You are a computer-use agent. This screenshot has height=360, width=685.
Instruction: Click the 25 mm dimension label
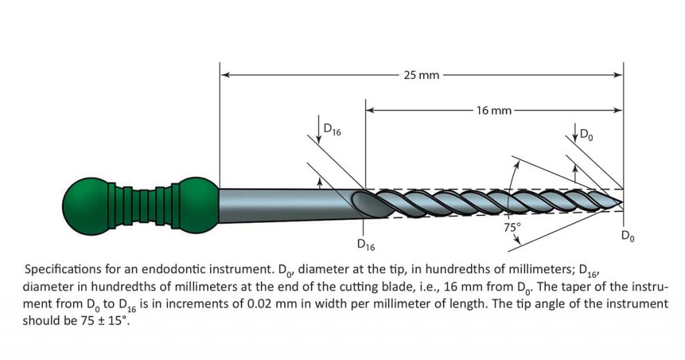[x=421, y=75]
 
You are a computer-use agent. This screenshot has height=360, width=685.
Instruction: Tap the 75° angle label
[x=513, y=226]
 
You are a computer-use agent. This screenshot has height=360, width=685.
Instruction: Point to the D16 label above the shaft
[x=332, y=130]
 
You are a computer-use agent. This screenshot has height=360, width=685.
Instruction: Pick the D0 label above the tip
[x=585, y=135]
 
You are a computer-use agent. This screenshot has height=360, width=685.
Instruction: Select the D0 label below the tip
[x=627, y=236]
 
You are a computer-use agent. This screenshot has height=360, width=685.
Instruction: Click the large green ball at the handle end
[x=86, y=201]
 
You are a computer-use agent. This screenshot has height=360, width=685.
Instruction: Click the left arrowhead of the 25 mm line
[x=224, y=75]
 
